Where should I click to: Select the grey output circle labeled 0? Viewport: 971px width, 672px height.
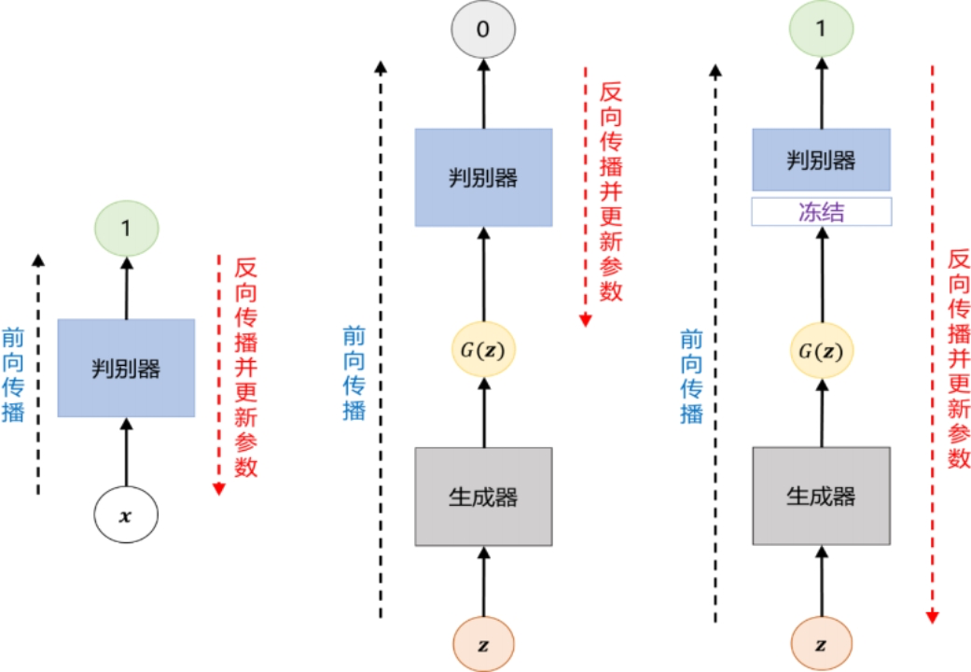coord(482,29)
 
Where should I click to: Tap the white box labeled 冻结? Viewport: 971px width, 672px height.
coord(822,212)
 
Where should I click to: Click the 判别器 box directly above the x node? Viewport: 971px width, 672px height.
coord(126,368)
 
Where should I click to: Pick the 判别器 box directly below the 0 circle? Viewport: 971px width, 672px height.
coord(483,177)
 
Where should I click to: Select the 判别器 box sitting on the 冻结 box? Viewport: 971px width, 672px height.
coord(822,160)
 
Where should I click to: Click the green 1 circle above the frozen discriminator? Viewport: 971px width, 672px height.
coord(822,29)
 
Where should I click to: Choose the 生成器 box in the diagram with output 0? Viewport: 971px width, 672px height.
coord(483,496)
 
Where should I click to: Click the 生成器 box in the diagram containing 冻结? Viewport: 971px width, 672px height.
coord(822,496)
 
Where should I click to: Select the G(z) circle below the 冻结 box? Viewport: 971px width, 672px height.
coord(822,351)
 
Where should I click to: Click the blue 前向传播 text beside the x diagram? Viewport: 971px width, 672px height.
coord(14,373)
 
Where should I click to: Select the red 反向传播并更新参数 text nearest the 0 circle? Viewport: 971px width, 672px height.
coord(611,191)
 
